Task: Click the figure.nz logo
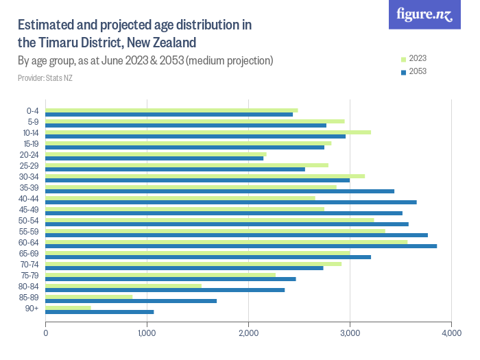pos(424,15)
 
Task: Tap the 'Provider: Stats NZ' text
pos(45,78)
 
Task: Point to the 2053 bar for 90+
pos(99,312)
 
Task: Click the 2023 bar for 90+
pos(68,307)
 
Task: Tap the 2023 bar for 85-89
pos(88,296)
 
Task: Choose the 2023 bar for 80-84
pos(123,285)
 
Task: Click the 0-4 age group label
pos(32,111)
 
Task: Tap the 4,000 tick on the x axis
pos(451,333)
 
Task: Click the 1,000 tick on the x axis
pos(147,333)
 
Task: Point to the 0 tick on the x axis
pos(46,333)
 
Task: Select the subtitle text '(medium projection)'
pos(230,60)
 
